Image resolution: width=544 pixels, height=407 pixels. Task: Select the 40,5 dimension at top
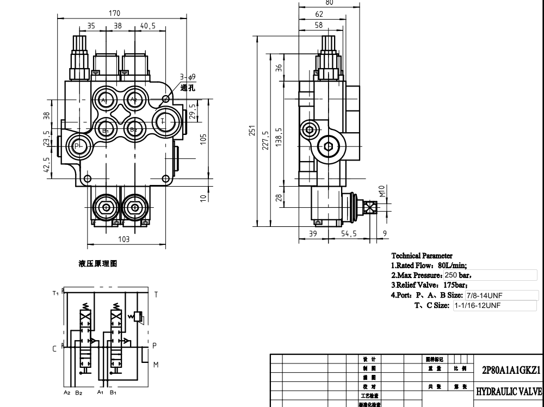click(148, 25)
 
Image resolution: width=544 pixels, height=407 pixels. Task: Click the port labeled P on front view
click(78, 145)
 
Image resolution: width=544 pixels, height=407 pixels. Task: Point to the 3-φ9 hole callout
click(188, 77)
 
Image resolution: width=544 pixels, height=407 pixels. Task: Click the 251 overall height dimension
click(252, 131)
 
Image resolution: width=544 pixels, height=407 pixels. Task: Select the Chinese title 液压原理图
click(98, 264)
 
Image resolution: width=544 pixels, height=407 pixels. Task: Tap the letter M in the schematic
click(156, 365)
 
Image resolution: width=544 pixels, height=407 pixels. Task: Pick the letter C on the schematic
click(54, 348)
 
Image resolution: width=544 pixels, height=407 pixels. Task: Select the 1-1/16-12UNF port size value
click(478, 306)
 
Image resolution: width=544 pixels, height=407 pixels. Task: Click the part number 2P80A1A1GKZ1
click(510, 370)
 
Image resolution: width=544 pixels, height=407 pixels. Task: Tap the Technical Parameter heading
click(422, 256)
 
